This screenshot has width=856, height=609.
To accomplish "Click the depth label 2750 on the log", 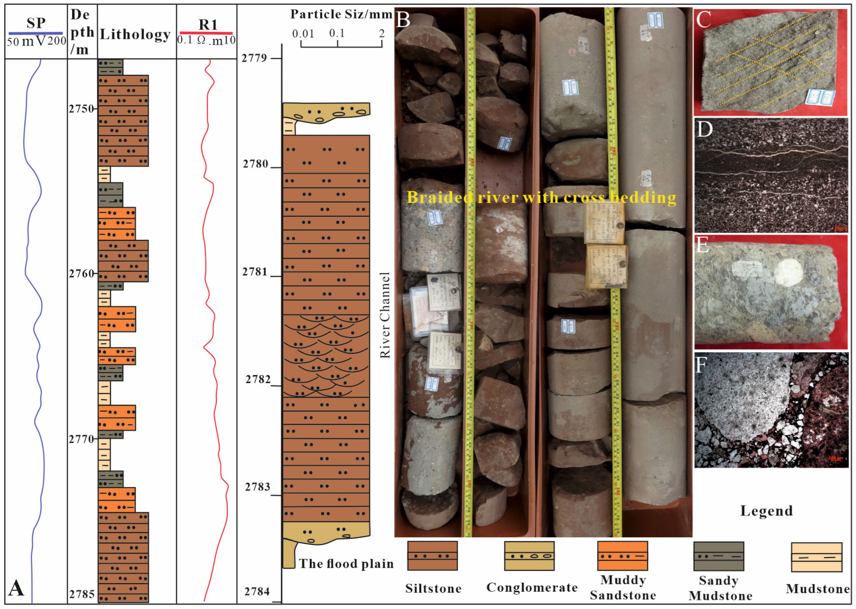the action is click(x=81, y=109).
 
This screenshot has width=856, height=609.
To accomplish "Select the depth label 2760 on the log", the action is click(x=81, y=274).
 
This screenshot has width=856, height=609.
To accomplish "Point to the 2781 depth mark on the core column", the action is click(x=255, y=272).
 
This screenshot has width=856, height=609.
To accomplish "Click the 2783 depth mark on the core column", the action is click(x=258, y=487).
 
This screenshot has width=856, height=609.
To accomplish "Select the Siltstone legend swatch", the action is click(x=432, y=555).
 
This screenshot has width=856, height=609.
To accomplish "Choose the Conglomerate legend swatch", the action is click(x=529, y=555).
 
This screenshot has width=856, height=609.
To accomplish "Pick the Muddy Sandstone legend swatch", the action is click(x=622, y=555).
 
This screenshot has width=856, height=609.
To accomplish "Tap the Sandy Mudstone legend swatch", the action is click(x=719, y=556).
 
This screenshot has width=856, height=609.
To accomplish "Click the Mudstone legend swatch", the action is click(x=817, y=557).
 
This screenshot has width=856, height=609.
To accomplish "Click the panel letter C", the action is click(x=703, y=20).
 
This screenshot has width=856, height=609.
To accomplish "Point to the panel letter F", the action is click(x=701, y=365).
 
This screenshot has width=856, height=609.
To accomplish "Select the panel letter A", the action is click(x=17, y=588).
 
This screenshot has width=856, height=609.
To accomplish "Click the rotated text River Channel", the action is click(x=385, y=315).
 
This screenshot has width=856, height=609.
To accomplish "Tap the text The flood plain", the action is click(x=346, y=564).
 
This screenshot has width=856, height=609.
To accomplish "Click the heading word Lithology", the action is click(x=135, y=35).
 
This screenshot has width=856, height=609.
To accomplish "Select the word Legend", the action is click(x=766, y=511).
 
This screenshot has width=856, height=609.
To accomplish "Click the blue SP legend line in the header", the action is click(x=35, y=33).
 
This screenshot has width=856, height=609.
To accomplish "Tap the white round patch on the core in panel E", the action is click(x=789, y=273).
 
